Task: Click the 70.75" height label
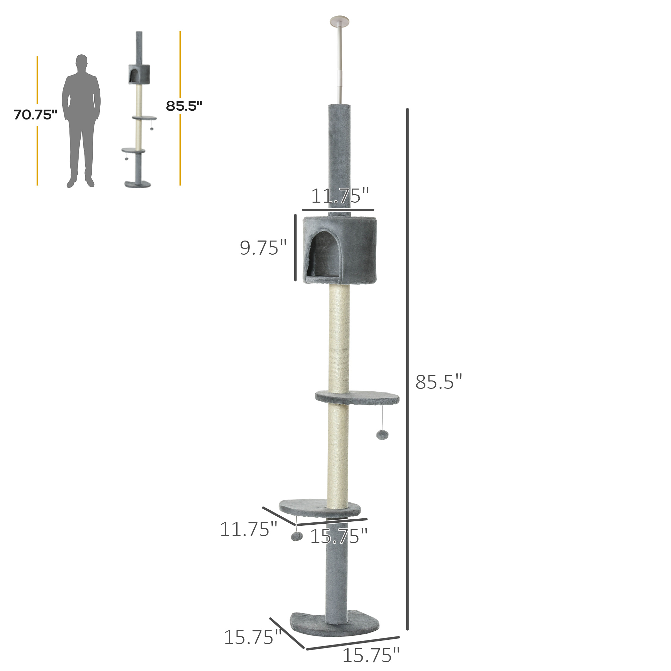36,115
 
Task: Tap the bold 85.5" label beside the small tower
184,106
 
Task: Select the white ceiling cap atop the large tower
339,20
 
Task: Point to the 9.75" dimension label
263,248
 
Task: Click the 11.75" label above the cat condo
339,196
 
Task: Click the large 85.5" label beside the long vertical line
438,382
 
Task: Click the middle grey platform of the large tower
358,397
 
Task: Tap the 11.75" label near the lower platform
248,529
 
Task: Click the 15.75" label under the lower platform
339,536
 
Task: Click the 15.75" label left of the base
253,637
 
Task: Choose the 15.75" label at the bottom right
371,655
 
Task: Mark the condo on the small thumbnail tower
139,74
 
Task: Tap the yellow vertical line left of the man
37,156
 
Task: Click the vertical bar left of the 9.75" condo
296,247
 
